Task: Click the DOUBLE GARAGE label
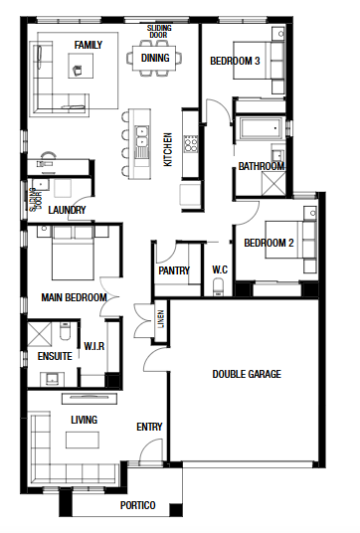click(247, 374)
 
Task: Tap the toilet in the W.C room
click(218, 287)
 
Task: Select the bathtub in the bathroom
click(261, 128)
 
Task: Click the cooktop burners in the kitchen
click(190, 144)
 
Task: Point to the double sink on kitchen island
click(141, 136)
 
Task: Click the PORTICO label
click(137, 505)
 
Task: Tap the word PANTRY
click(174, 270)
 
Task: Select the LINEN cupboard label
click(161, 319)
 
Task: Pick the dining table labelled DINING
click(155, 58)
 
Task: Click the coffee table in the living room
click(83, 440)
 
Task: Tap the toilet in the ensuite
click(65, 331)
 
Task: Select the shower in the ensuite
click(39, 334)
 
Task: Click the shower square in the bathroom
click(273, 184)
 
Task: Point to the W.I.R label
click(93, 346)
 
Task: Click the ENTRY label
click(149, 427)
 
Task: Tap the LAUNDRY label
click(67, 210)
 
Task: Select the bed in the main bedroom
click(73, 253)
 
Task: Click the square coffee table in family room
click(81, 66)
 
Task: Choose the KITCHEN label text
click(168, 149)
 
